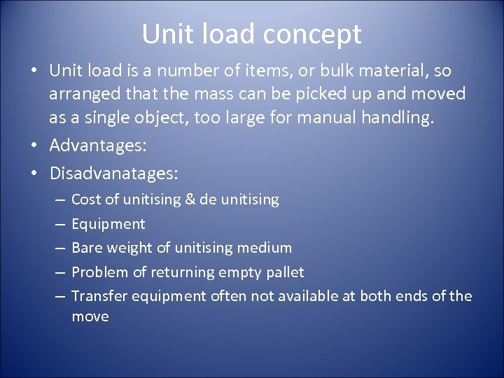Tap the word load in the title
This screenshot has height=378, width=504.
[x=230, y=34]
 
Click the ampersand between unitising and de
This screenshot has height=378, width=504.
[x=190, y=200]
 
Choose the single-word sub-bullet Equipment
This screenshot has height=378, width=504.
[x=108, y=224]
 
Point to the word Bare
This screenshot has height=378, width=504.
[x=87, y=248]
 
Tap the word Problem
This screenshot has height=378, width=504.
[x=98, y=271]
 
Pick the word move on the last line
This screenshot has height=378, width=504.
[x=90, y=316]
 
